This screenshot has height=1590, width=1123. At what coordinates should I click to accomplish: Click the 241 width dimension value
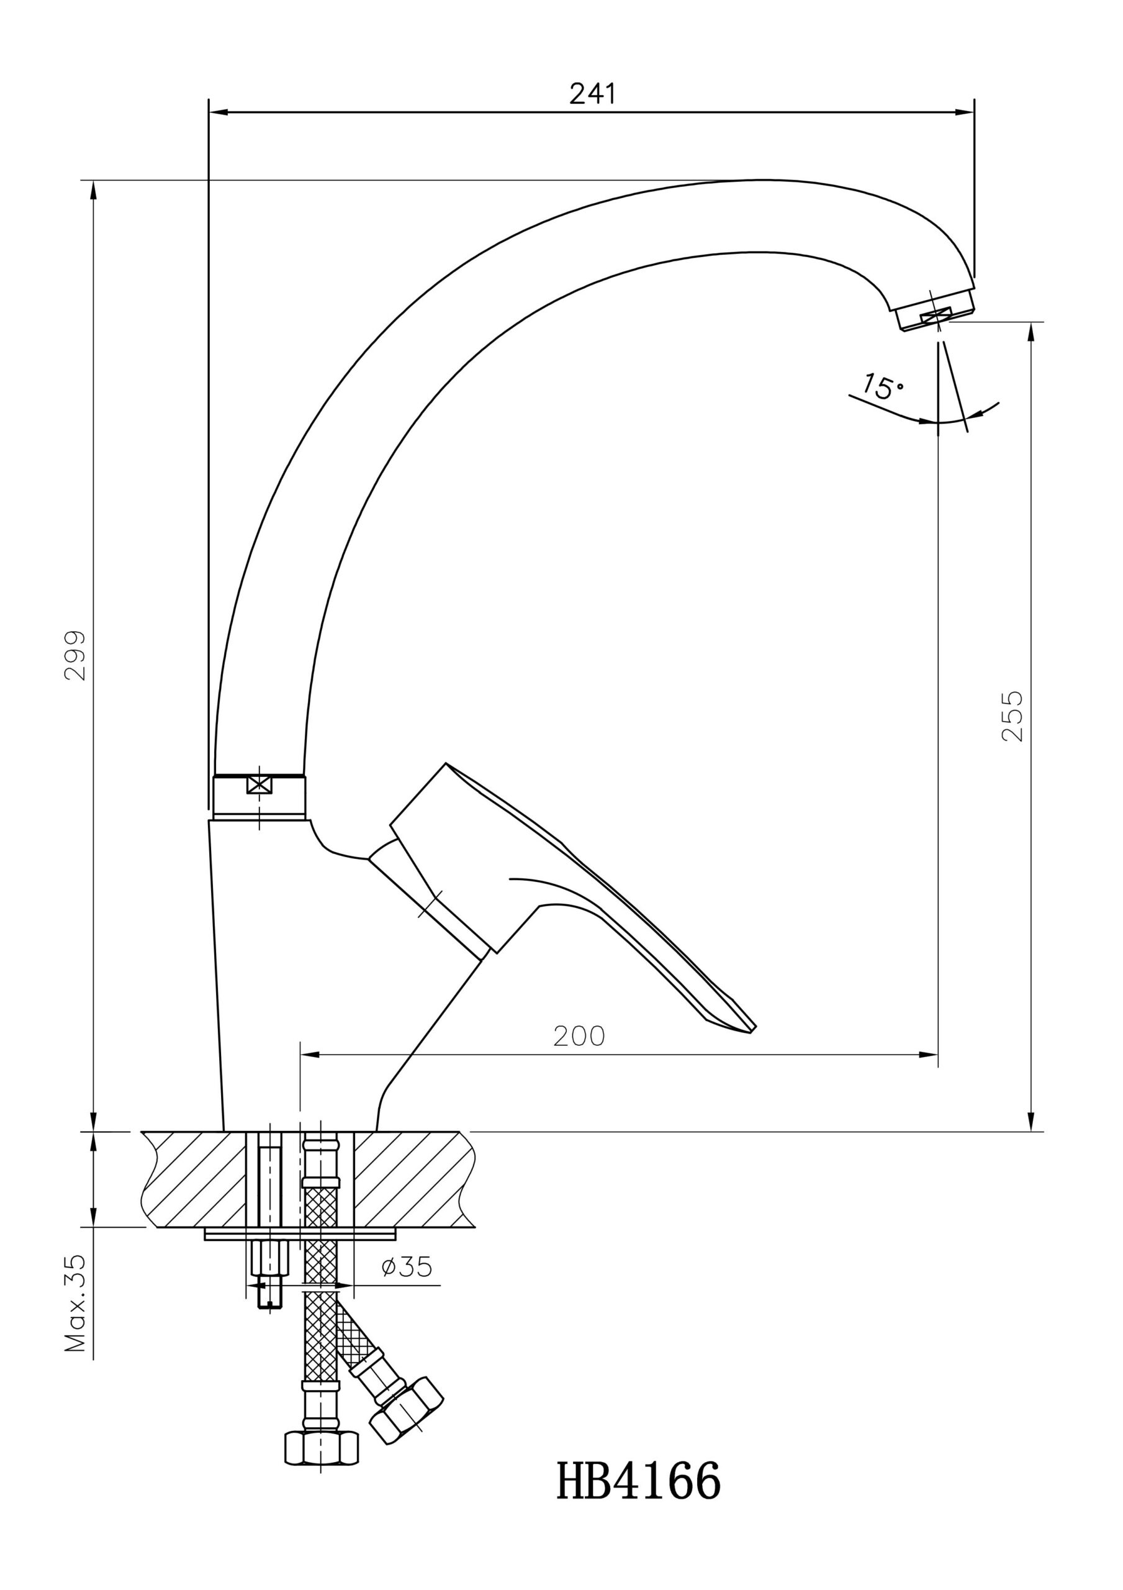(592, 94)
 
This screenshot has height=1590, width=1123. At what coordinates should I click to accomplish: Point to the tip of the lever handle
(755, 1030)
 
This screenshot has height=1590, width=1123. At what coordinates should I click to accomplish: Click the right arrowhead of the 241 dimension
(965, 112)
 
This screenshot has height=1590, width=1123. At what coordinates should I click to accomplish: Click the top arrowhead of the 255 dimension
(1031, 332)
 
